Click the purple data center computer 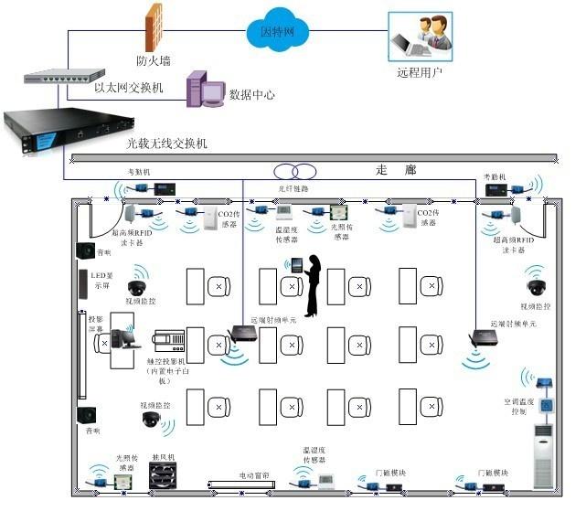pyautogui.click(x=204, y=89)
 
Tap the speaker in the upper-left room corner pyautogui.click(x=89, y=251)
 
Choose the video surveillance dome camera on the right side pyautogui.click(x=536, y=282)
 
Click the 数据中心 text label pyautogui.click(x=252, y=94)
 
